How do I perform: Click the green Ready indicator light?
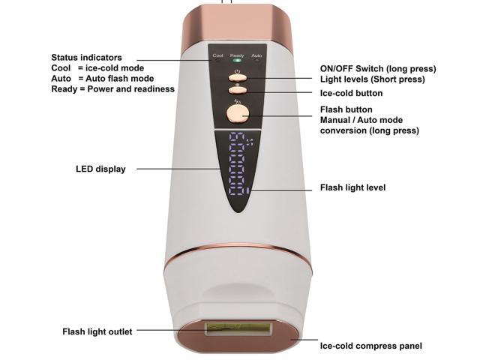pyautogui.click(x=237, y=62)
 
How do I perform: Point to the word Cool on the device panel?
pyautogui.click(x=218, y=55)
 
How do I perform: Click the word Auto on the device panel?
pyautogui.click(x=256, y=55)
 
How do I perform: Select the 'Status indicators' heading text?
pyautogui.click(x=86, y=58)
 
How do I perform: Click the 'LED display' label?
pyautogui.click(x=100, y=169)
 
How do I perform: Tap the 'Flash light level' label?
pyautogui.click(x=352, y=187)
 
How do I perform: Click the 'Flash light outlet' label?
pyautogui.click(x=97, y=331)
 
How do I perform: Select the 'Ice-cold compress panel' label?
pyautogui.click(x=370, y=346)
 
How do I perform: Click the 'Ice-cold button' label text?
pyautogui.click(x=351, y=94)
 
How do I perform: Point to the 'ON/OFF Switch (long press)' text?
pyautogui.click(x=378, y=69)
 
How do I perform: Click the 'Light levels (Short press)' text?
pyautogui.click(x=372, y=79)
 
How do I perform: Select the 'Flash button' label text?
pyautogui.click(x=346, y=109)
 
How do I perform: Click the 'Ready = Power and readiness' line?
pyautogui.click(x=112, y=89)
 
